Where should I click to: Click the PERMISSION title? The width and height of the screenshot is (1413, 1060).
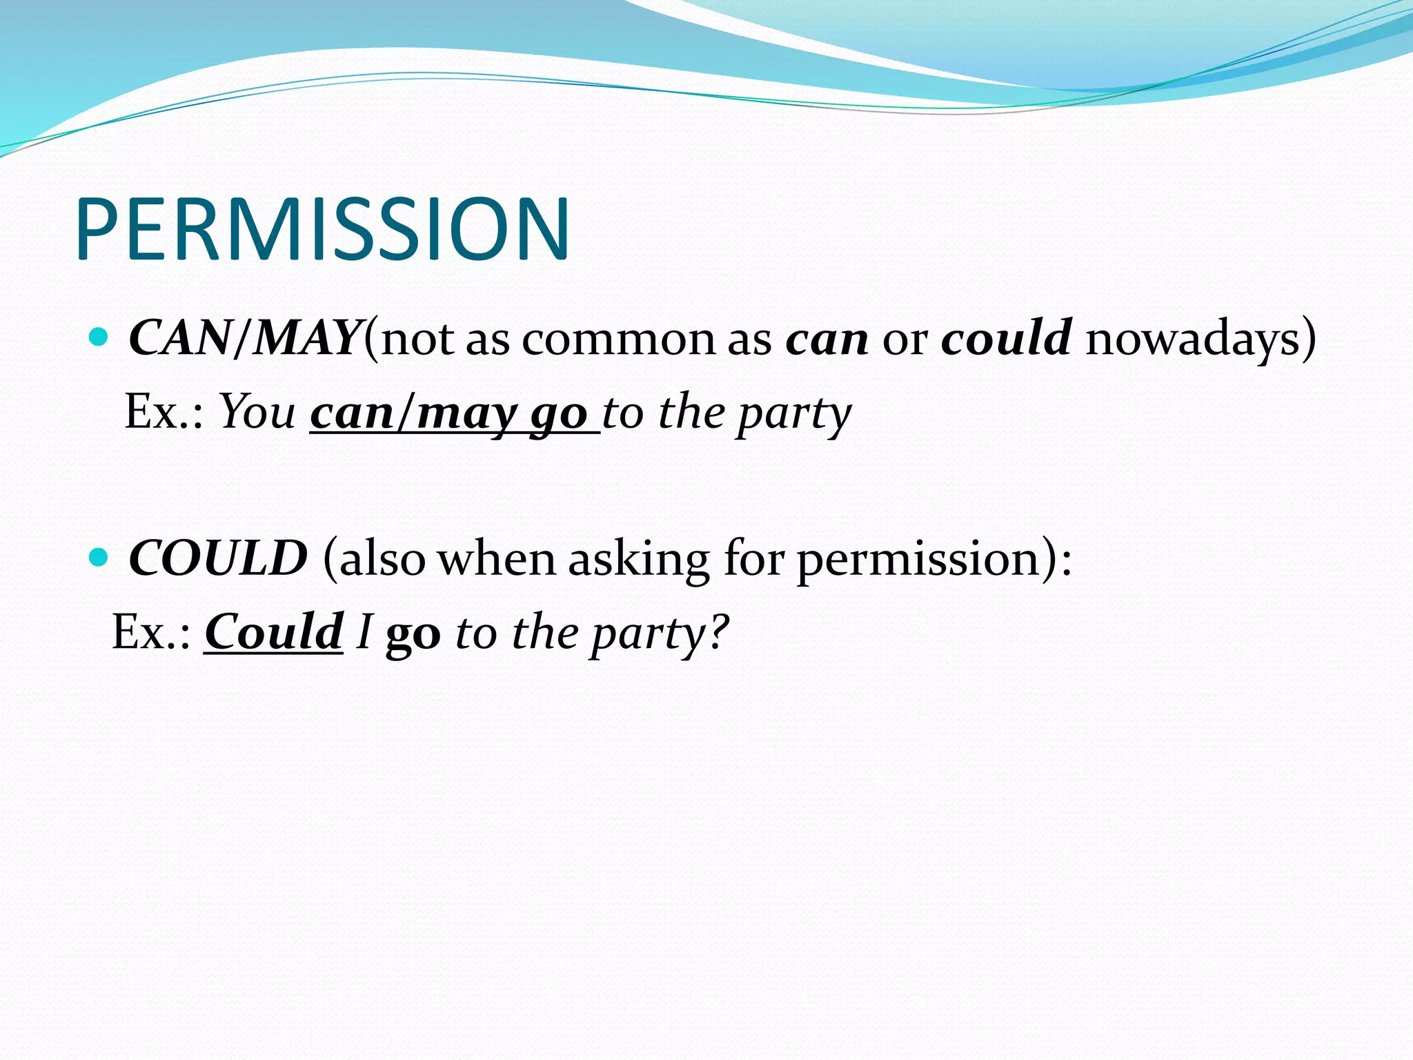(x=323, y=229)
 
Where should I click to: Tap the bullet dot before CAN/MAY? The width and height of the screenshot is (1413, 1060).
(x=99, y=337)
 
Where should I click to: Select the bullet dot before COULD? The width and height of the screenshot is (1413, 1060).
(x=99, y=557)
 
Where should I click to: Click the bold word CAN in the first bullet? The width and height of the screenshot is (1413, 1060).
(x=179, y=339)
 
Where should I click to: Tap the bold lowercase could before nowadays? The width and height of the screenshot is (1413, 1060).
(x=1006, y=339)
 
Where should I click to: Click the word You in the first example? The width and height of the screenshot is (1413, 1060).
(x=257, y=413)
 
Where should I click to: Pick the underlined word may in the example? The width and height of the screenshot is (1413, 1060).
(x=466, y=414)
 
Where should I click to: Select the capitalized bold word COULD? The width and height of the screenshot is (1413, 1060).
(x=218, y=558)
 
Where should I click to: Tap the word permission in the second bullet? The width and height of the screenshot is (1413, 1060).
(x=918, y=560)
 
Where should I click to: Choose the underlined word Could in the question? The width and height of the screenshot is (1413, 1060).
(x=273, y=632)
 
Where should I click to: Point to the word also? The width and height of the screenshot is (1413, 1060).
(x=382, y=558)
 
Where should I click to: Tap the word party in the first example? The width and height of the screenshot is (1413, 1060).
(x=793, y=414)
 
